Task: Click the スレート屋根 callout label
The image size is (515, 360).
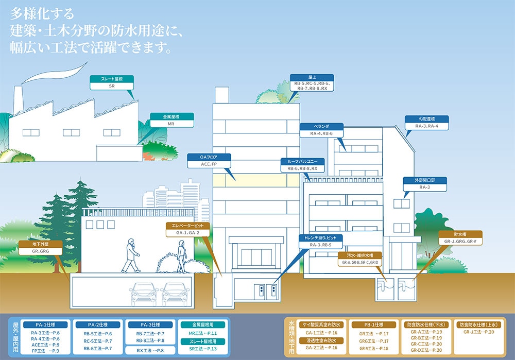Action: point(112,83)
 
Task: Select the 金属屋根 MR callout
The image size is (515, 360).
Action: point(171,120)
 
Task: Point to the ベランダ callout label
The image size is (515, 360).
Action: point(321,129)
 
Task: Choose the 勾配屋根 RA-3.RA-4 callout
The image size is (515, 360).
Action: point(426,122)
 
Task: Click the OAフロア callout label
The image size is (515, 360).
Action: point(210,160)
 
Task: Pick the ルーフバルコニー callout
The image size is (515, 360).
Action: point(302,164)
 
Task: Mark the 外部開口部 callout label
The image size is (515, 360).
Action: point(424,184)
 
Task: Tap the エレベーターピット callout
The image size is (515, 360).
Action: point(187,229)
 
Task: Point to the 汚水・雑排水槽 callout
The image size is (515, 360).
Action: point(360,259)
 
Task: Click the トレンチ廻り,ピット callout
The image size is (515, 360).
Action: point(320,241)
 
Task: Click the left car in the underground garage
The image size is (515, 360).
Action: point(144,294)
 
